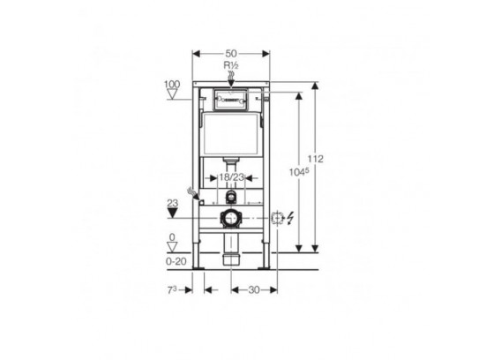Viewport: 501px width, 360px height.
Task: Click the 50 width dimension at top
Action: [231, 54]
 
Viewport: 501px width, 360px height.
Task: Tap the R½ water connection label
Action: [231, 66]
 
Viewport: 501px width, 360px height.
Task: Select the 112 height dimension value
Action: [316, 159]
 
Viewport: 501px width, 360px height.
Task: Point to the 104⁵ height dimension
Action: [299, 172]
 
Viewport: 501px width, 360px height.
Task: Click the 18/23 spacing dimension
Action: [231, 177]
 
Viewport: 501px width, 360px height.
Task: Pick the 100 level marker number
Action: [172, 85]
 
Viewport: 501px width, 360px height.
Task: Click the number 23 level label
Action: [173, 203]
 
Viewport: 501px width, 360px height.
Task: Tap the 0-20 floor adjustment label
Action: [176, 261]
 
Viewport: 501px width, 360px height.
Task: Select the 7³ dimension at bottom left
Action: [172, 290]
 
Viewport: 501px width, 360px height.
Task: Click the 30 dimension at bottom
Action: [254, 290]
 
